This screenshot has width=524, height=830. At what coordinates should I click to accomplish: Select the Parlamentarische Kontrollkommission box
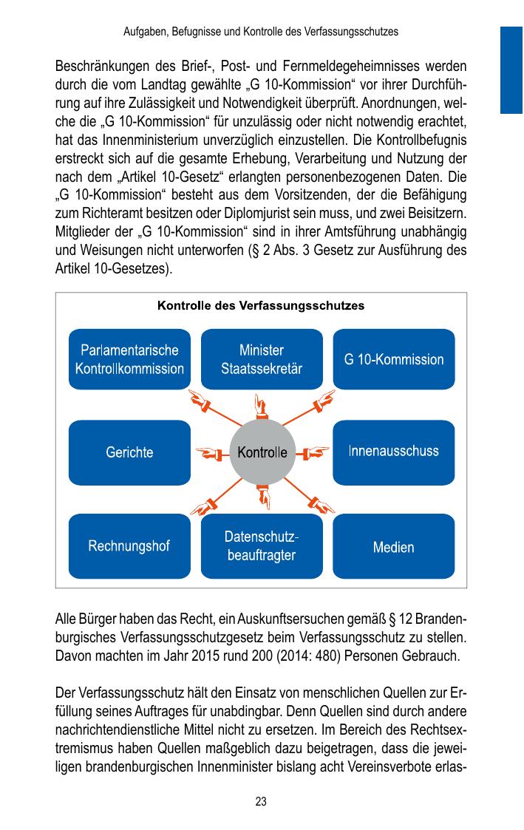click(129, 359)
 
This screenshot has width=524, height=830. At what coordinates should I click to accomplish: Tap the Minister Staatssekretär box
click(262, 359)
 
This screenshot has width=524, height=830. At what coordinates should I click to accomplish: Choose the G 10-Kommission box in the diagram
click(394, 359)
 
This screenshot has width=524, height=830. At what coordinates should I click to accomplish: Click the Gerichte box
click(129, 452)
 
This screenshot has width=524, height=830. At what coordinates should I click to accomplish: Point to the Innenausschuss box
click(394, 452)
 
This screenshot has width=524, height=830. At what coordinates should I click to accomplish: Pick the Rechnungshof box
click(129, 546)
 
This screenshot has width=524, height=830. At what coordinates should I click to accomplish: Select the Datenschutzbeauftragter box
click(262, 546)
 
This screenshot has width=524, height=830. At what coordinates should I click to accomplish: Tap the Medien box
click(394, 547)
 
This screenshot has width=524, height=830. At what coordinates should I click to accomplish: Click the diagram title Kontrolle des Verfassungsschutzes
click(261, 305)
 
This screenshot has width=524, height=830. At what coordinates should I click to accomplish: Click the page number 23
click(261, 801)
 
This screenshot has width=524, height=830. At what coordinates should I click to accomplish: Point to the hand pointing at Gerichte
click(209, 452)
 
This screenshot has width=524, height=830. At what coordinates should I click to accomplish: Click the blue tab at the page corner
click(511, 69)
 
